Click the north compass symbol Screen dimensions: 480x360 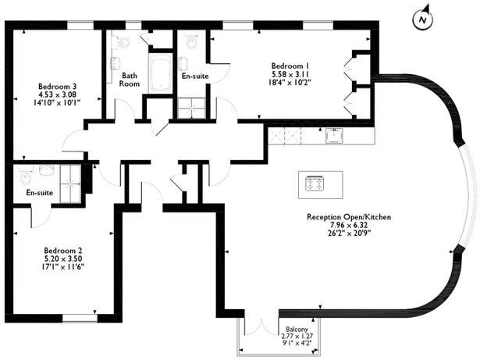click(423, 19)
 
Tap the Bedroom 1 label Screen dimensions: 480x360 click(290, 66)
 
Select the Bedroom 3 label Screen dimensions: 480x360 click(57, 86)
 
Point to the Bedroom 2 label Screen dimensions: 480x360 click(63, 251)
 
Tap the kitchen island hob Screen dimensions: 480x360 click(315, 184)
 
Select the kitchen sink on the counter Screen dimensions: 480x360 click(334, 135)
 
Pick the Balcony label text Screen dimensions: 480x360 click(297, 330)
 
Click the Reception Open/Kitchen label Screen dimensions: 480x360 click(349, 217)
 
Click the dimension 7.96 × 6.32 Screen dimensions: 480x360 click(349, 225)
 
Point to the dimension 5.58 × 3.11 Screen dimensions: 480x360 click(290, 74)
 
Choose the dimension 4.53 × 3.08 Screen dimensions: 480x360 click(57, 94)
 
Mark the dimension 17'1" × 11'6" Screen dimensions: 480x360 click(63, 267)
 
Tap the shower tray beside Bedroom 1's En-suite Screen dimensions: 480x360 click(191, 108)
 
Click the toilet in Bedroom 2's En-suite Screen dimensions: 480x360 click(25, 176)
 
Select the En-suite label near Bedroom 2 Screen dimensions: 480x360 click(40, 193)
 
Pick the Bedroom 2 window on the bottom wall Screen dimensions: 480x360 click(80, 318)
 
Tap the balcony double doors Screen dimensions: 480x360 click(261, 327)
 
